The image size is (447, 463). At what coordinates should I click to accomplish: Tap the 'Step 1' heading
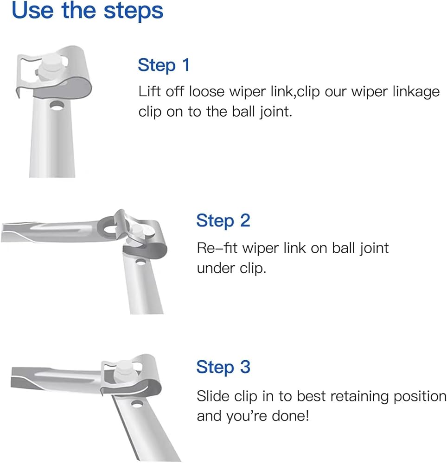click(x=164, y=65)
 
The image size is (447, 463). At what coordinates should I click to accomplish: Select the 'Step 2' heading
click(x=223, y=220)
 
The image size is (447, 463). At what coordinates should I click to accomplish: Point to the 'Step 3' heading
click(x=223, y=367)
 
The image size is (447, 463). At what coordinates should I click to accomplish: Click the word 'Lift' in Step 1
click(x=150, y=91)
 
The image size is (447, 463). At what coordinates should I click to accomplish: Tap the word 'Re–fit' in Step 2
click(x=217, y=248)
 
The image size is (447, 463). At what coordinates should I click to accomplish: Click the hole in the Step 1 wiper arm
click(x=57, y=106)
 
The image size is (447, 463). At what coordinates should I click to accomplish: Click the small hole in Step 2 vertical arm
click(x=140, y=262)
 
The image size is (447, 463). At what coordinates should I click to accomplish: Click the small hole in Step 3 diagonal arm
click(x=137, y=403)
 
